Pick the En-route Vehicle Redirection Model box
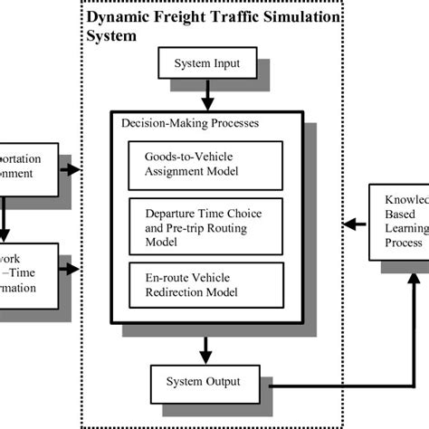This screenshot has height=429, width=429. point(206,281)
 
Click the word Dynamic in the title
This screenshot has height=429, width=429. point(115,17)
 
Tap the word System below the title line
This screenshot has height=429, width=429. point(112,37)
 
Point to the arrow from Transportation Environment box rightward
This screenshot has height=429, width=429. point(71,168)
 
